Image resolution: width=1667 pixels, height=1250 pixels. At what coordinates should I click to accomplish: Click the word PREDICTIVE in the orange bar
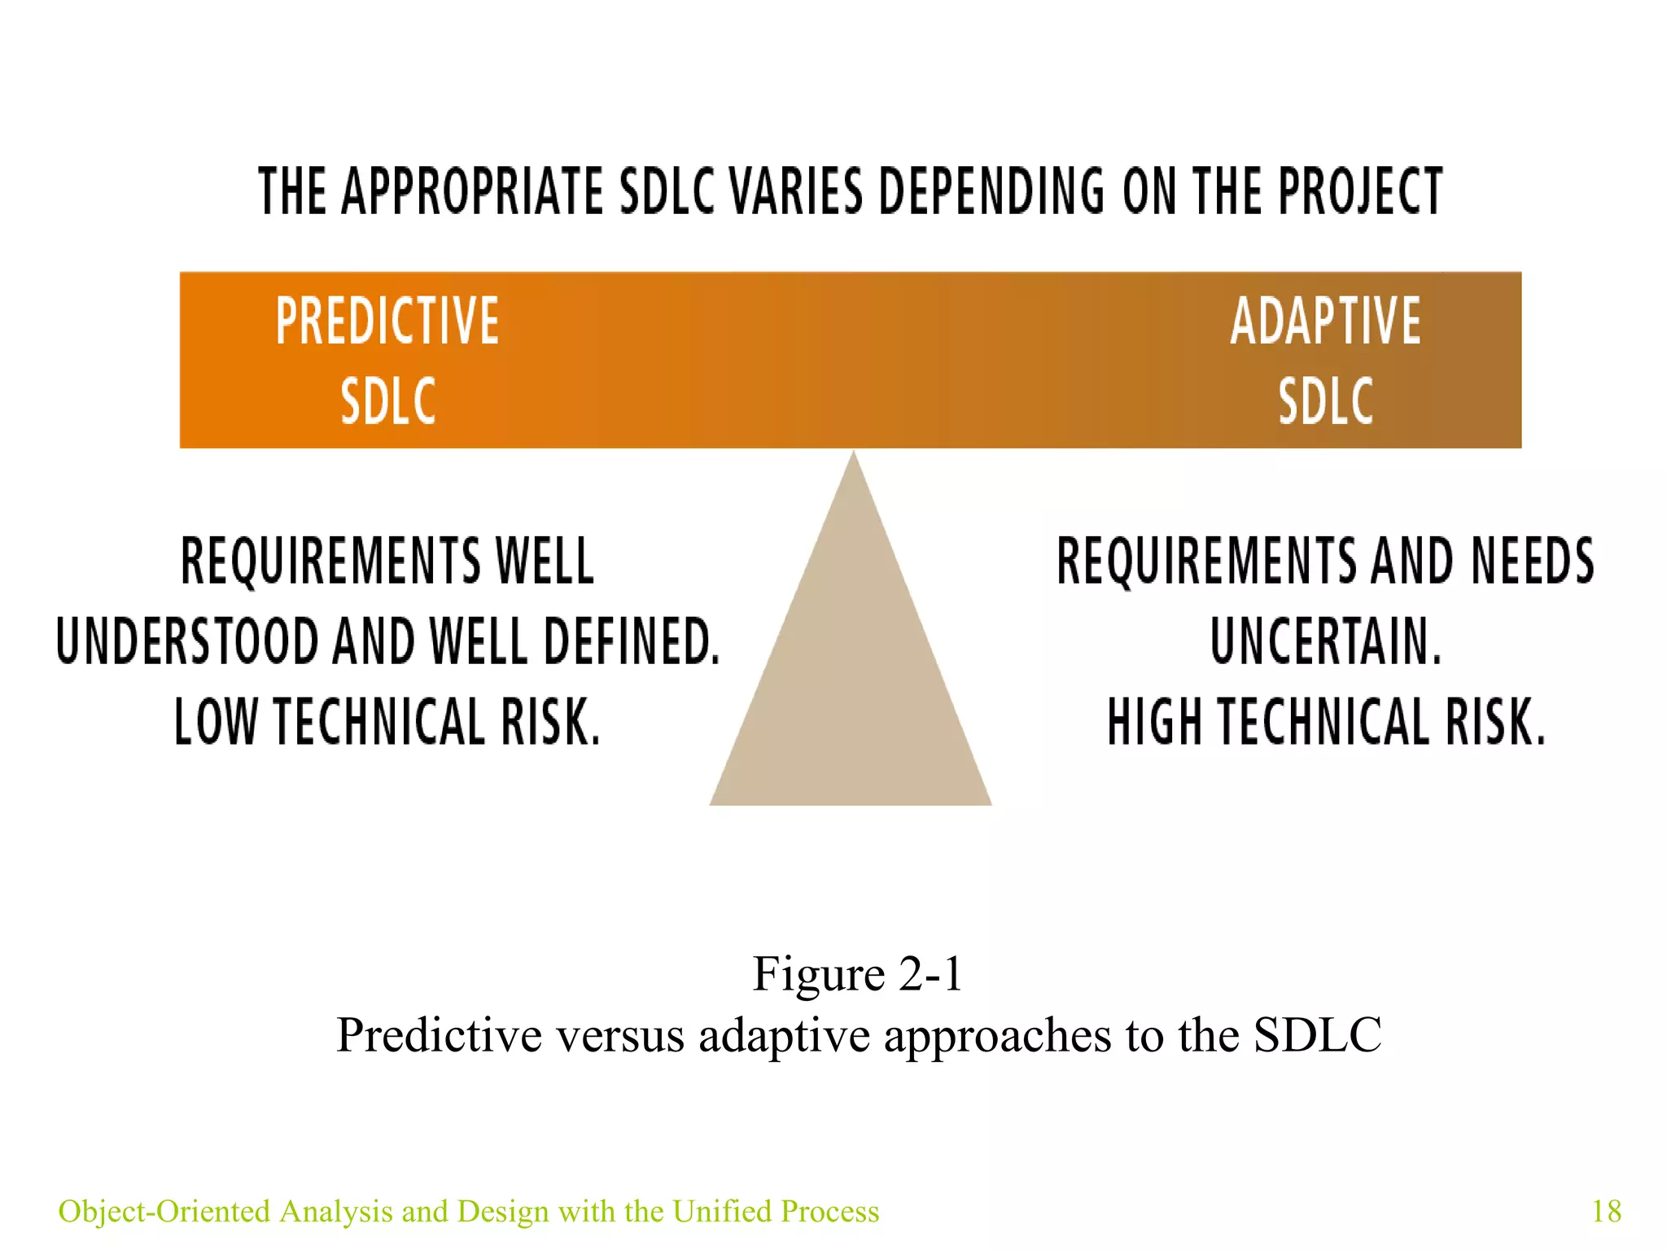387,321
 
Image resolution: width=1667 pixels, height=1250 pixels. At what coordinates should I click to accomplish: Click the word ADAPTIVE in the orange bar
1325,321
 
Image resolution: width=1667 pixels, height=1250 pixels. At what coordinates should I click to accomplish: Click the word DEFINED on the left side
631,641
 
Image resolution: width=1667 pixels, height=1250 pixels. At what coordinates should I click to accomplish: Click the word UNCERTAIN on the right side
1325,641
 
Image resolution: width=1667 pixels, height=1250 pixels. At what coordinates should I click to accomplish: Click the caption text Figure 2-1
857,973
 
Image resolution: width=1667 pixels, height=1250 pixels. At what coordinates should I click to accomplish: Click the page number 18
1606,1211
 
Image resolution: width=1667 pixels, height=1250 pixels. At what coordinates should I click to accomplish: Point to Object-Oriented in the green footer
164,1211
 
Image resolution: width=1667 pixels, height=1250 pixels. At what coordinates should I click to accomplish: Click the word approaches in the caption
997,1036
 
